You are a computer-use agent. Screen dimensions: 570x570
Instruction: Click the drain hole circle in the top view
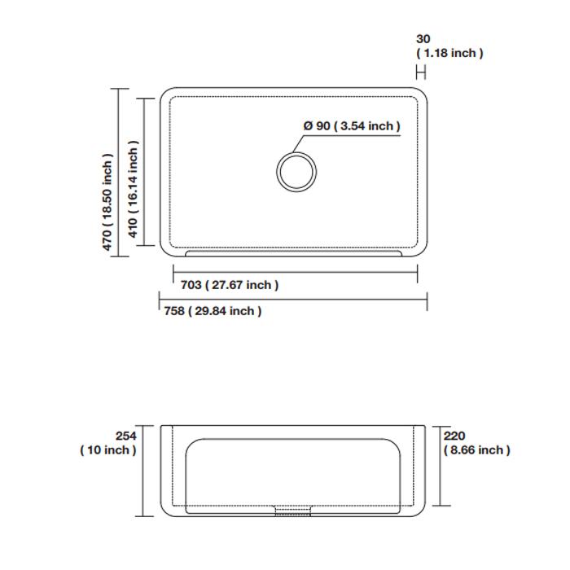pyautogui.click(x=296, y=152)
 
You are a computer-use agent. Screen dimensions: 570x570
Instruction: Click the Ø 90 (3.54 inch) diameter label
pyautogui.click(x=352, y=126)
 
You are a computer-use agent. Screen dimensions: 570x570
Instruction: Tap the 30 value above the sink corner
pyautogui.click(x=423, y=39)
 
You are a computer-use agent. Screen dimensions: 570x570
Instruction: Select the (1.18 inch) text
pyautogui.click(x=449, y=53)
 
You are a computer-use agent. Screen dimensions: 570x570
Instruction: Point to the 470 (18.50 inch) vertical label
pyautogui.click(x=107, y=202)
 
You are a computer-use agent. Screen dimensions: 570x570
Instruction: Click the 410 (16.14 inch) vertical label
pyautogui.click(x=133, y=189)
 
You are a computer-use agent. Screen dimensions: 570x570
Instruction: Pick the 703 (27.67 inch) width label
pyautogui.click(x=230, y=285)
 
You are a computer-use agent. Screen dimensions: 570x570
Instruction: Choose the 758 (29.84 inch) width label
pyautogui.click(x=213, y=311)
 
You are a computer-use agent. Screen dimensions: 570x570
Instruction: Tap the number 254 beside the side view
pyautogui.click(x=126, y=436)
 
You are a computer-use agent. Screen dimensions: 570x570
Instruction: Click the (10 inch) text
pyautogui.click(x=108, y=450)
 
